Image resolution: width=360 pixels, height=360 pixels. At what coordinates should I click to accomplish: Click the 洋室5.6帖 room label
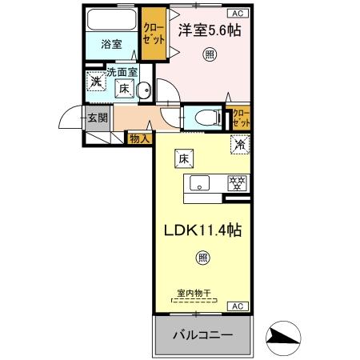(x=208, y=30)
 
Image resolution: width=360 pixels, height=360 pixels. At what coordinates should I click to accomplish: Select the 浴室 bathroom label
(x=111, y=45)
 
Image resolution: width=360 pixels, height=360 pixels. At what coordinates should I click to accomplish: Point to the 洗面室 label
(x=122, y=72)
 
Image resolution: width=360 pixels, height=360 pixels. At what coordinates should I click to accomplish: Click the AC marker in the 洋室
(x=238, y=13)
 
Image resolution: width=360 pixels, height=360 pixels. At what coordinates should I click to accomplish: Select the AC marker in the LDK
(x=238, y=306)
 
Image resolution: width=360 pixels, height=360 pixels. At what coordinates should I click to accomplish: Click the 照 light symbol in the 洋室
(x=209, y=54)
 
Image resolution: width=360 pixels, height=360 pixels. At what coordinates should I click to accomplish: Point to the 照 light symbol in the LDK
(x=203, y=258)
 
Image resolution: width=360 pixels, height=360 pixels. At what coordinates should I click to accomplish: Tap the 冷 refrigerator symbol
(x=238, y=145)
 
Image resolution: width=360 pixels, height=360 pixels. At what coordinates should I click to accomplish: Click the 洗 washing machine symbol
(x=96, y=82)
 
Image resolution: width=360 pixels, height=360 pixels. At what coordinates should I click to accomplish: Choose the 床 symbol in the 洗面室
(x=126, y=89)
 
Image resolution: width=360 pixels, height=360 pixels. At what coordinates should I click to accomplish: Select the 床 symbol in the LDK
(x=182, y=159)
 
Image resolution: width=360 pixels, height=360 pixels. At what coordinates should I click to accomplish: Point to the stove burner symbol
(x=237, y=182)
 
